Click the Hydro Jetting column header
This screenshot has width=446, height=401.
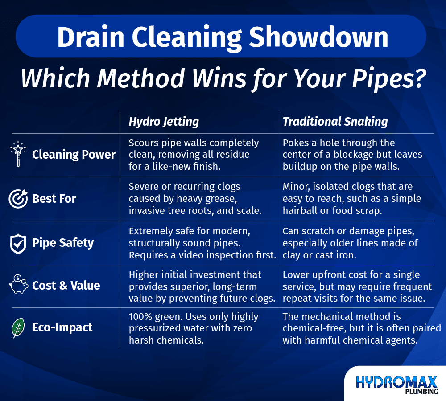pos(164,121)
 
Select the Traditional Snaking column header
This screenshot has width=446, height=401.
pos(335,121)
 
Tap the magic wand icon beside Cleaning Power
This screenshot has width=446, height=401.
pos(18,155)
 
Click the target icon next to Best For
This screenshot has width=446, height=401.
pos(18,199)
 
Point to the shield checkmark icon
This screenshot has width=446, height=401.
pos(18,243)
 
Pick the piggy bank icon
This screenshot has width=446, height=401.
pos(18,285)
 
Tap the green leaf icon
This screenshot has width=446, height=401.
pos(18,327)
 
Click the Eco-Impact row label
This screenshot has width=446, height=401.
pos(62,327)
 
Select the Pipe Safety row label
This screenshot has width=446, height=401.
pos(63,243)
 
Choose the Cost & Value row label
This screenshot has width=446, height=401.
pos(66,285)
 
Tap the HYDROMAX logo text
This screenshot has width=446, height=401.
pos(396,382)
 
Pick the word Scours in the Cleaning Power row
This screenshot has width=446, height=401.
pos(143,143)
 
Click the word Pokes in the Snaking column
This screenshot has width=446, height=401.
pos(295,143)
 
